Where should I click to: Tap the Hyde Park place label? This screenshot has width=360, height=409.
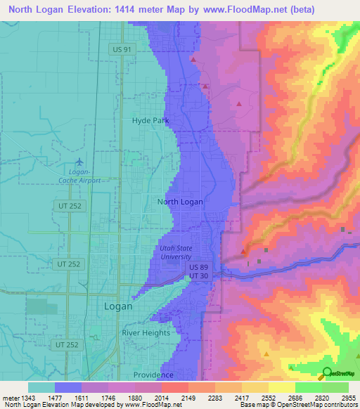point(150,120)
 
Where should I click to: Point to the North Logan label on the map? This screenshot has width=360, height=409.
point(180,202)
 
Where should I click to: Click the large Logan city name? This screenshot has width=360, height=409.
point(118,306)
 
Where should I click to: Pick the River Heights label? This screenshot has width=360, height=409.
point(146,332)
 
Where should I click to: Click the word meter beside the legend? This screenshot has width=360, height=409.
point(11,398)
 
